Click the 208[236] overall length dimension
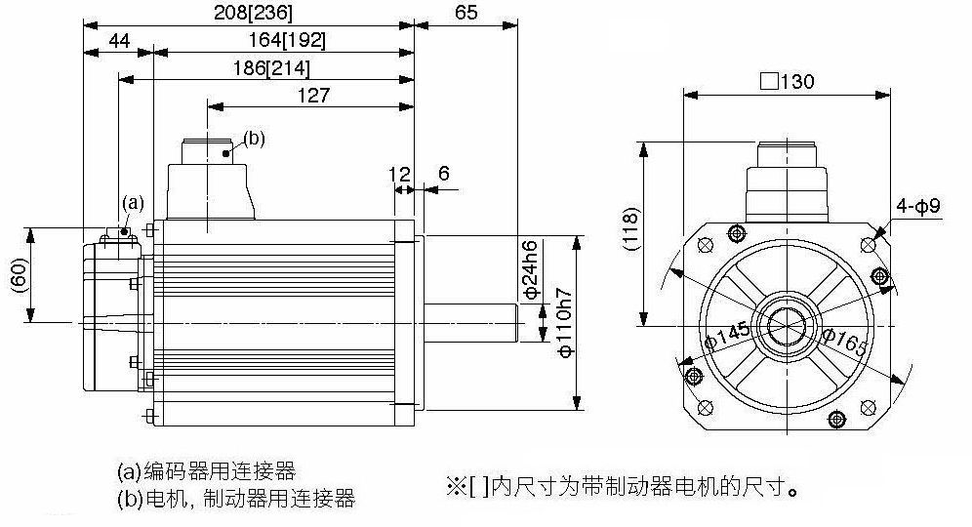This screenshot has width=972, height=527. click(x=253, y=13)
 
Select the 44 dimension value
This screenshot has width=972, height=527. click(x=119, y=41)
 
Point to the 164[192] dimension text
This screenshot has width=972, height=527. click(x=287, y=40)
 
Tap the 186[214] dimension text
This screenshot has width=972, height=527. click(x=271, y=67)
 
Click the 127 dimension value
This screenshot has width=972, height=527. click(x=313, y=96)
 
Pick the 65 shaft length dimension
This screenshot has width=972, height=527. click(x=466, y=13)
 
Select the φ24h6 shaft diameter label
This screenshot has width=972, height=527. click(x=532, y=270)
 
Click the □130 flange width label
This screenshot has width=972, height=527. click(x=788, y=81)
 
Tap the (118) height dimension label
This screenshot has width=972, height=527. click(x=631, y=228)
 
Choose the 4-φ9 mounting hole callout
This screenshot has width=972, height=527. click(x=918, y=205)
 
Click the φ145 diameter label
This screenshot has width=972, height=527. click(x=728, y=336)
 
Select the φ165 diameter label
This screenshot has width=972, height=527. click(x=844, y=343)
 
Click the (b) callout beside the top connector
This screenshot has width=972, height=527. click(x=254, y=139)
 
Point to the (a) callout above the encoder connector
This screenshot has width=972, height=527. click(x=133, y=203)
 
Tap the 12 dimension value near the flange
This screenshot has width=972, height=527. click(x=400, y=175)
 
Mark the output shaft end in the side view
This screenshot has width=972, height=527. click(x=517, y=322)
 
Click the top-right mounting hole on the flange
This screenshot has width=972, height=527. click(x=868, y=246)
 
